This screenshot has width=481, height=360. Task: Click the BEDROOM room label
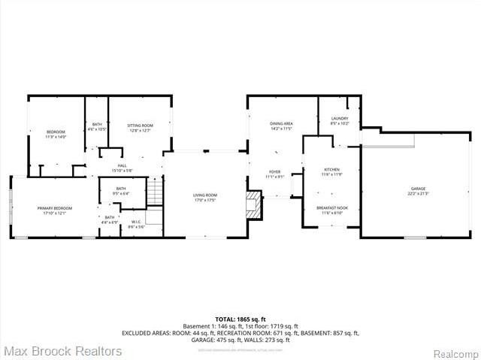(x=56, y=132)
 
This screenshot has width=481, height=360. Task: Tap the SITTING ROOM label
(x=141, y=126)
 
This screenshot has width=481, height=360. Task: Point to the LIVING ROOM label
(x=205, y=195)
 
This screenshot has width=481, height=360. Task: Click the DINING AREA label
(x=282, y=123)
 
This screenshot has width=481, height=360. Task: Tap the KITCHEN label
(x=332, y=170)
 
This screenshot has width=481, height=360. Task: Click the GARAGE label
(x=417, y=189)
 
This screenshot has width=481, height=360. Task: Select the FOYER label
(x=275, y=172)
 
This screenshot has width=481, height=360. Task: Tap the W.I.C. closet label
(x=136, y=222)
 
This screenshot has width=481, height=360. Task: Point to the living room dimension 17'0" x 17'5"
(x=205, y=200)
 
